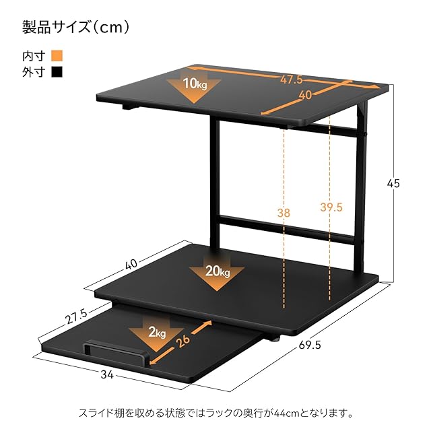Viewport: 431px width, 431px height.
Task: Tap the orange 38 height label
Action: (285, 213)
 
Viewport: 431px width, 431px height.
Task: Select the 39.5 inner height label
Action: (329, 207)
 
